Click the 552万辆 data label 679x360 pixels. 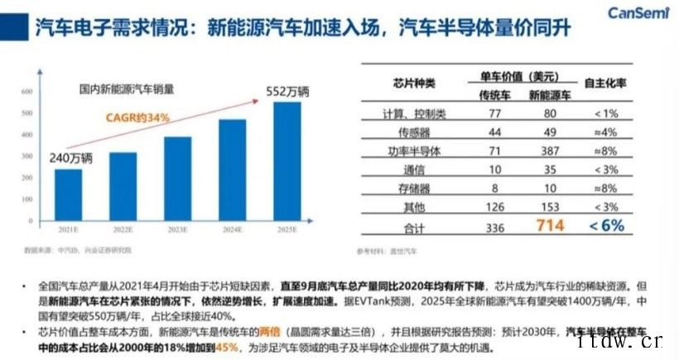(290, 89)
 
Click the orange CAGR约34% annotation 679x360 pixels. (137, 118)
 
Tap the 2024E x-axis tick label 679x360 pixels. (233, 228)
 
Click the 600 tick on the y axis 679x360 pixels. (26, 91)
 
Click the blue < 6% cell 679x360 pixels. (606, 224)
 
